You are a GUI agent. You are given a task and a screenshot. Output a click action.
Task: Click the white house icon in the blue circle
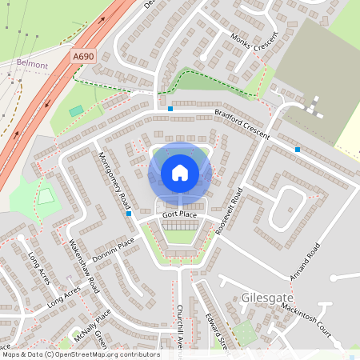[x=180, y=173]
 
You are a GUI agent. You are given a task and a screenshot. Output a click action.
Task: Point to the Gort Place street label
[x=178, y=215]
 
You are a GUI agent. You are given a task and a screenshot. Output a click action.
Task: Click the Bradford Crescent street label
[x=242, y=124]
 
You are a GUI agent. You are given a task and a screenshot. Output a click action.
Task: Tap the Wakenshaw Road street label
[x=83, y=265]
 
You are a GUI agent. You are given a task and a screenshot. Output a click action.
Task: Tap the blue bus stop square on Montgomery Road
[x=128, y=214]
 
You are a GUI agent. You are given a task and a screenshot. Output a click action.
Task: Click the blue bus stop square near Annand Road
[x=298, y=150]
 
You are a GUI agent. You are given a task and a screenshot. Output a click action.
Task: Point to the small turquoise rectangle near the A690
[x=76, y=110]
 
